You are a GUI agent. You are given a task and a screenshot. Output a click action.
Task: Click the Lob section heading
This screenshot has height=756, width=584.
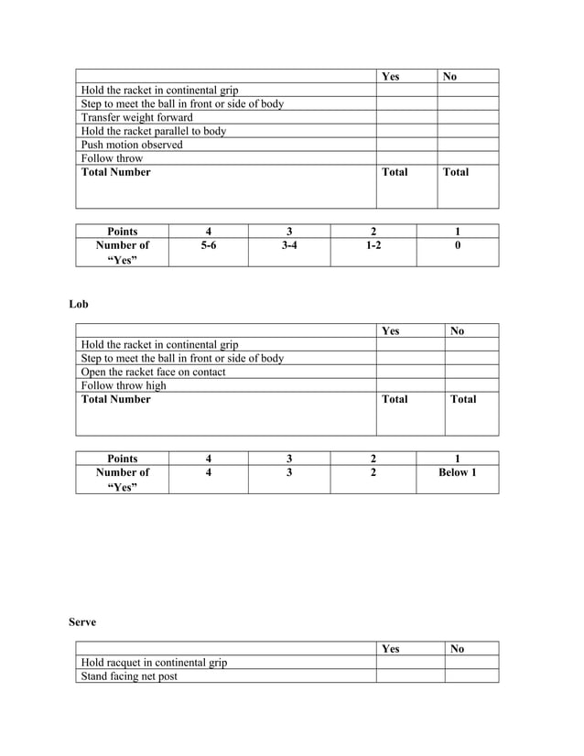pos(79,304)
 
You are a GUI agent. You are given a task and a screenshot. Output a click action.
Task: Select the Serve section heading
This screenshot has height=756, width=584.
pos(82,622)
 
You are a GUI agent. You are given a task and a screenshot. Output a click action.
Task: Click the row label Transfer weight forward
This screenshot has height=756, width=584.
pos(137,117)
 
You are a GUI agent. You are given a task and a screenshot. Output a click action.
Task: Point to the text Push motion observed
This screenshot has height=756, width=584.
pos(132,145)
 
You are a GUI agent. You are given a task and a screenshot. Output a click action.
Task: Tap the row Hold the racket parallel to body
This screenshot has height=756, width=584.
pos(154,131)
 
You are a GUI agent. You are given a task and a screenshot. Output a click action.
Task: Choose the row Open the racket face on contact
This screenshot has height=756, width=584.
pos(154,372)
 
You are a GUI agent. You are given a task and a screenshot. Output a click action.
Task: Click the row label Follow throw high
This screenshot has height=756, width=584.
pos(124,385)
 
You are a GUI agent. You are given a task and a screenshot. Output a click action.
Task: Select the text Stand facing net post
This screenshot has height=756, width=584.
pos(130,676)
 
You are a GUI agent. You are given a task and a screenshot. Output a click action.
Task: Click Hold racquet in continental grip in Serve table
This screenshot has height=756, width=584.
pos(155,663)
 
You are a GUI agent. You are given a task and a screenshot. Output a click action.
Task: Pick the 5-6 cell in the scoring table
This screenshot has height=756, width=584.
pos(209,245)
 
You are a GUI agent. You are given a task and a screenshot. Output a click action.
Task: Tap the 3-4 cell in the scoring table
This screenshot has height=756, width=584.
pos(289,245)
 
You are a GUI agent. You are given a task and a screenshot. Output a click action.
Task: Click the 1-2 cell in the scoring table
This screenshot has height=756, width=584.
pos(373,245)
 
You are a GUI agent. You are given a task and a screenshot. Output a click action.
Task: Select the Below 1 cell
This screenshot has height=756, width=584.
pos(458,472)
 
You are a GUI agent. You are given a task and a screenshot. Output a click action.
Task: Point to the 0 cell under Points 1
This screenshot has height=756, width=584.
pos(458,245)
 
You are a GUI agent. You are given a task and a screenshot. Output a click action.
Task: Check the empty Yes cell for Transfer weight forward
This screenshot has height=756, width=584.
pos(406,117)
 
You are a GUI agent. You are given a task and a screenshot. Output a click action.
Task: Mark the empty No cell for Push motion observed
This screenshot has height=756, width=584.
pos(468,145)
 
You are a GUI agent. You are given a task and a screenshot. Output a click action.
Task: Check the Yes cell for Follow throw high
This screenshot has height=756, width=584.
pos(410,385)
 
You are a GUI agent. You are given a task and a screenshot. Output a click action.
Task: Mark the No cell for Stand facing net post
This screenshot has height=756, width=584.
pos(471,676)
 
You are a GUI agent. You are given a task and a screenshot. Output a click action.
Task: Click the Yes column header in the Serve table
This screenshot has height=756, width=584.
pos(391,649)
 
